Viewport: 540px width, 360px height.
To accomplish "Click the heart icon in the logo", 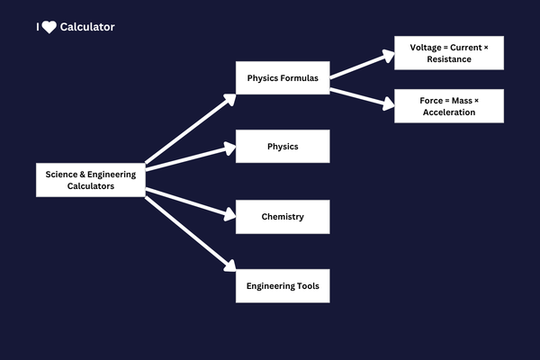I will [x=49, y=27].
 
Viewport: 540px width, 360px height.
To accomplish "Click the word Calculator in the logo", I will [x=87, y=27].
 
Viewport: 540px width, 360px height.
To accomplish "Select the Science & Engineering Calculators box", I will [x=91, y=180].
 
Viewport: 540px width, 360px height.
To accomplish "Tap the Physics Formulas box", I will [x=283, y=78].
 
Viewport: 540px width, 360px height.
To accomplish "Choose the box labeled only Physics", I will [x=283, y=146].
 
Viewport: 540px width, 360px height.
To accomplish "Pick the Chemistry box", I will [x=283, y=217].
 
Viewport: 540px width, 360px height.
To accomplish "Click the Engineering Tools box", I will [x=283, y=286].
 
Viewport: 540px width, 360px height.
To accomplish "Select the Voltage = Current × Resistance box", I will [x=449, y=53].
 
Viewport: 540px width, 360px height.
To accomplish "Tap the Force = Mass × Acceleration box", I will [x=449, y=106].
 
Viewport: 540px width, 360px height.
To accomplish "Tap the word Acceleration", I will [x=449, y=112].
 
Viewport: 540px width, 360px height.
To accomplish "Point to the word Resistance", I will [x=449, y=59].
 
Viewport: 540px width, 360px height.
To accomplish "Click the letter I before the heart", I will [x=38, y=27].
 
